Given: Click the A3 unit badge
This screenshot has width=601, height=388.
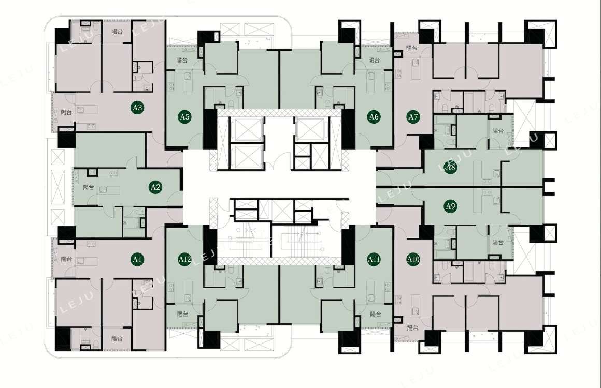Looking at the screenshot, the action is coord(137,108).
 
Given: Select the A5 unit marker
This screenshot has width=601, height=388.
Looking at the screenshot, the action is coord(185,116).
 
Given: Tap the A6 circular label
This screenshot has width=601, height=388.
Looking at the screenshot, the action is coord(374,116).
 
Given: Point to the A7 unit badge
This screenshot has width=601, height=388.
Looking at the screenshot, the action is coord(413,116).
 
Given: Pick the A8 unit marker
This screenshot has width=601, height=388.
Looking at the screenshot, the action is coord(450,167).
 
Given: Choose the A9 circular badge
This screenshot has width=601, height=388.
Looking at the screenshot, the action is coord(450,206).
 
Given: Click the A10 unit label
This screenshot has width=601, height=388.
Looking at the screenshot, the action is coord(413,259).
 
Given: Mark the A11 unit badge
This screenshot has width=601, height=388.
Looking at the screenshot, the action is coord(374,259).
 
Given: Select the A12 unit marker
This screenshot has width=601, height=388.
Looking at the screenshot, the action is coord(185,259).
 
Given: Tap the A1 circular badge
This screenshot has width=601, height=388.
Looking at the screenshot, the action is coord(137,259).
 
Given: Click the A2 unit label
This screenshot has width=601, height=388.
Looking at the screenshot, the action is coord(155,187).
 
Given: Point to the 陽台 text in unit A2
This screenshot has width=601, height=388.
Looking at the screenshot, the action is coord(89,187).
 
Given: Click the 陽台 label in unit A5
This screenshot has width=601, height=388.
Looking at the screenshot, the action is coord(182,60).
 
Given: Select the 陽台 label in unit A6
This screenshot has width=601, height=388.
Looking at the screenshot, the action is coord(374,60).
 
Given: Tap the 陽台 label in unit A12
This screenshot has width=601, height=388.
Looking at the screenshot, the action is coord(183,314).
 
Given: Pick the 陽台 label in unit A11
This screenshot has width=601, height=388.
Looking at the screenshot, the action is coord(376,314).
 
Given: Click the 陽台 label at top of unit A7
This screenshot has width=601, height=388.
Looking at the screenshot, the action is coord(412,48).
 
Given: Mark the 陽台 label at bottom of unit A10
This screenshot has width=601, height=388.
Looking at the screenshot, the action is coord(413,327).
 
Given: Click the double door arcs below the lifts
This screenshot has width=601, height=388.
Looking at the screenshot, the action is coord(278,162).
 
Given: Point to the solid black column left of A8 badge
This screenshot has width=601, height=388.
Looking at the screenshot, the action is coord(426,142).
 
